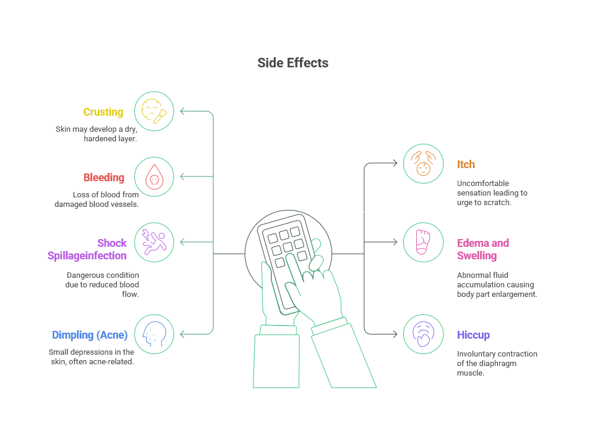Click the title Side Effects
coord(293,63)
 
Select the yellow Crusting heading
coord(103,112)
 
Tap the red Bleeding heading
coord(104,178)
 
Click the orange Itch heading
coord(466,165)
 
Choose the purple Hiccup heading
coord(473,335)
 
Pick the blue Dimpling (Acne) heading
coord(90,335)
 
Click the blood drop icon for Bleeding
coord(154,177)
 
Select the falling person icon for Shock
coord(154,243)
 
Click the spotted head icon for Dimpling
coord(154,334)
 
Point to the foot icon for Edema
coord(423,242)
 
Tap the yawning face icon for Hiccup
coord(423,334)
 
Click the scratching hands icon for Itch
coord(423,163)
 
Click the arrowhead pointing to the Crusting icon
coord(182,111)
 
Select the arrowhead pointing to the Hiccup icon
coord(395,334)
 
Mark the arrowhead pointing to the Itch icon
coord(395,163)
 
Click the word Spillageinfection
coord(86,256)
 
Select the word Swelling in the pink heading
coord(477,256)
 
